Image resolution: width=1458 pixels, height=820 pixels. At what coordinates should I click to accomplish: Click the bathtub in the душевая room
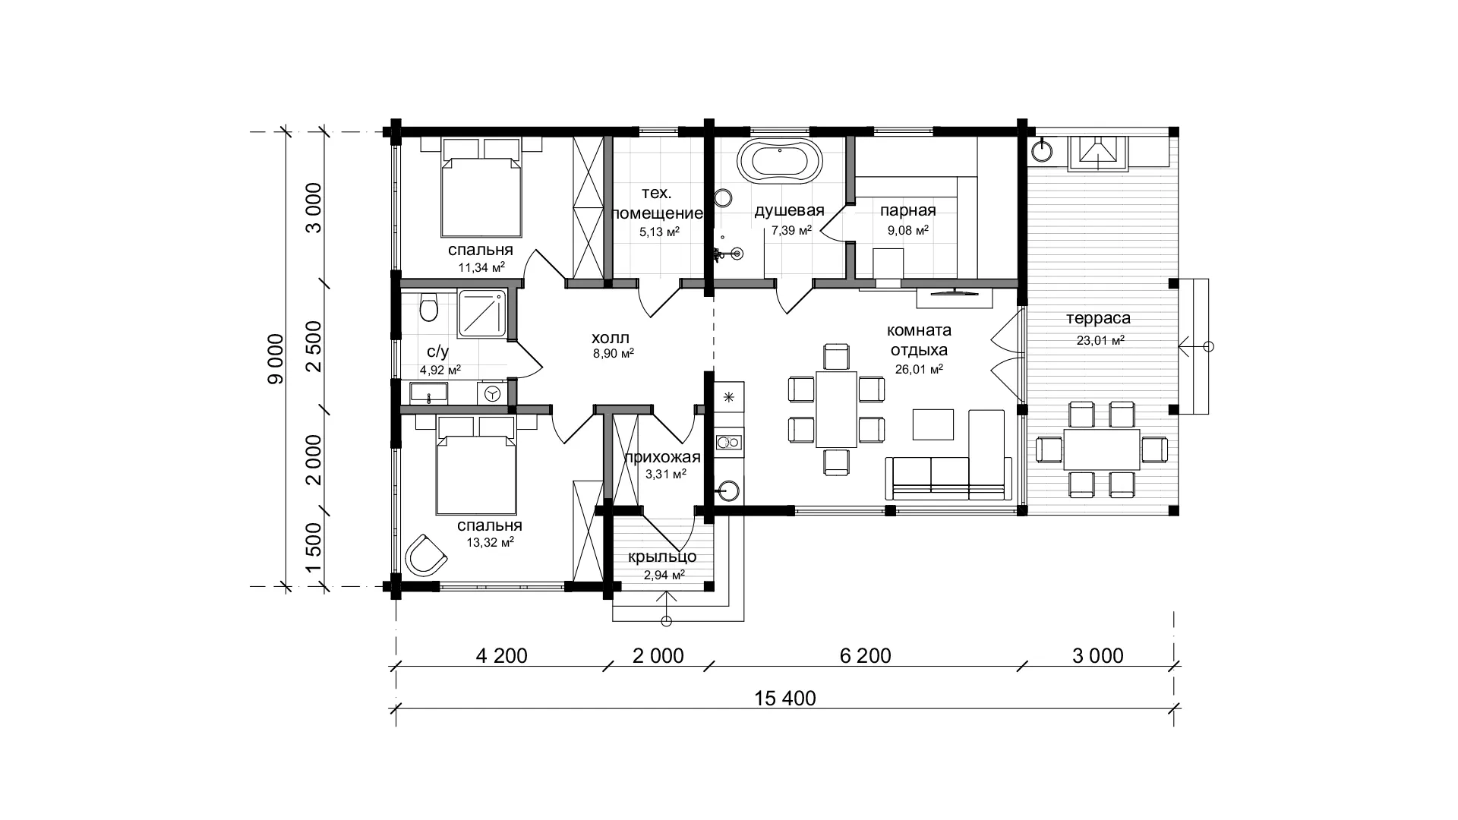coord(779,161)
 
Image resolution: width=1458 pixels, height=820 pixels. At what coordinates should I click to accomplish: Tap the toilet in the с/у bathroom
coord(428,307)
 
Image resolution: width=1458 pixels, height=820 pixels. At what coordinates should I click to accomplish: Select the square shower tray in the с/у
coord(482,313)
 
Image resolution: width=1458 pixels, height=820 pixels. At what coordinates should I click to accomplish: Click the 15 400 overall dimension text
coord(785,698)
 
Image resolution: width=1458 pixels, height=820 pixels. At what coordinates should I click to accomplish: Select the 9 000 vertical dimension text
coord(275,359)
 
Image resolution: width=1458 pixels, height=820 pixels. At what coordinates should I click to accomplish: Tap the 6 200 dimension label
coord(866,655)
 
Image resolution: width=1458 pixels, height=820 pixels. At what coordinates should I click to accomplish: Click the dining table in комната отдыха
coord(836,409)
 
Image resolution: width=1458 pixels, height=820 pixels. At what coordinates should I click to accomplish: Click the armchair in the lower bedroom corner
coord(426,555)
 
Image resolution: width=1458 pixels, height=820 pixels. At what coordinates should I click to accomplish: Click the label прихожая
coord(661,457)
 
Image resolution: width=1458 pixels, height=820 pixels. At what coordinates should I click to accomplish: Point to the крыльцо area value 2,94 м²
coord(664,575)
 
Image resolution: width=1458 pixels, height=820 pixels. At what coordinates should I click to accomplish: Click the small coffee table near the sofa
coord(933,424)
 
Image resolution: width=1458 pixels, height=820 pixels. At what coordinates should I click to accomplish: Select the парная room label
coord(907,210)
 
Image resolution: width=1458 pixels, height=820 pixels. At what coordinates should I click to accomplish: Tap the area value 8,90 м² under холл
coord(613,353)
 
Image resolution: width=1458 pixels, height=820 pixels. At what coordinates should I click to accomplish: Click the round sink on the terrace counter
coord(1042,151)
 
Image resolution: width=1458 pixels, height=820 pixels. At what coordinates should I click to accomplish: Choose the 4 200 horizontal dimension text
coord(501,655)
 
